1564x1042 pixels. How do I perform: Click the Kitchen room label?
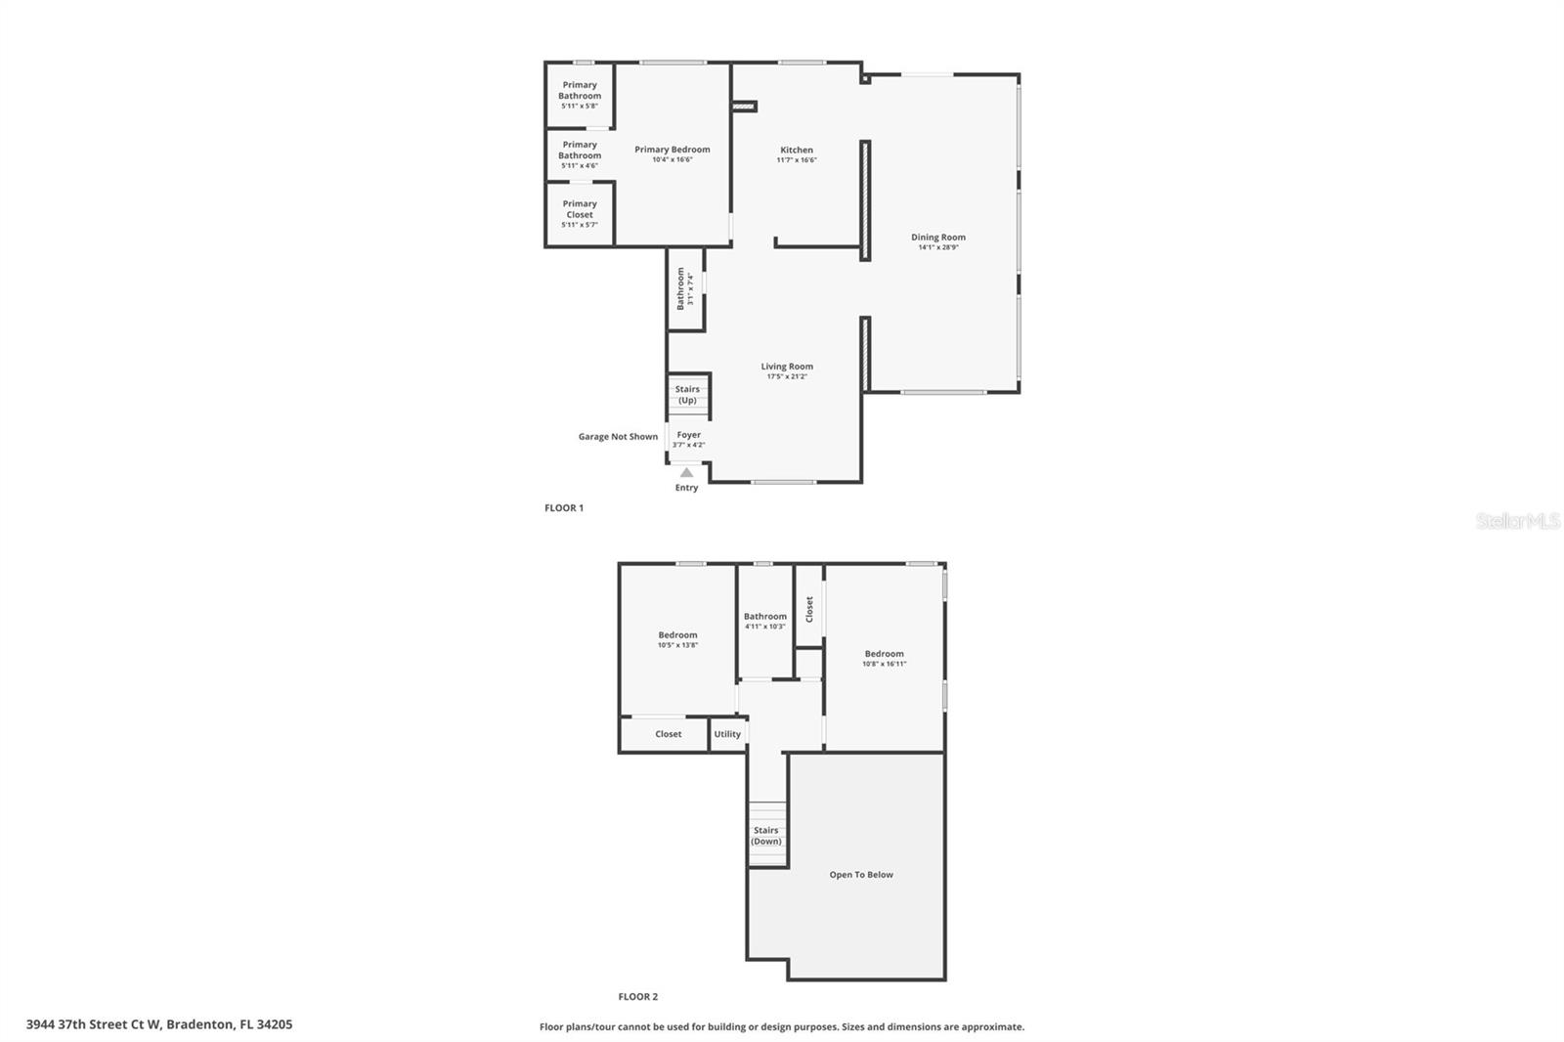[x=796, y=151]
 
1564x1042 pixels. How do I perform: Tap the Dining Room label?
[x=938, y=238]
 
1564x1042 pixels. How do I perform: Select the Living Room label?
[x=787, y=367]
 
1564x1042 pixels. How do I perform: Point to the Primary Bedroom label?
[x=673, y=150]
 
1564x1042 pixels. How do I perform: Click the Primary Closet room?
[x=580, y=213]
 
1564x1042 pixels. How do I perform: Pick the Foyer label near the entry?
[x=688, y=435]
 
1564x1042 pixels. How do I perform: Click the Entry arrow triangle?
[x=686, y=472]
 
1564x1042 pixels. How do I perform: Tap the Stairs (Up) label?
[x=687, y=394]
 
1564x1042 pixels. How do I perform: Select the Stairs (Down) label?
[x=766, y=836]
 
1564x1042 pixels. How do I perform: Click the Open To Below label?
[x=861, y=875]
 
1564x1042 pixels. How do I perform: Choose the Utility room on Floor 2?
[x=727, y=734]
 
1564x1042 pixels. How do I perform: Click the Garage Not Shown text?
[x=618, y=437]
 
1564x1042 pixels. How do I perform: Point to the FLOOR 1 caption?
[x=564, y=508]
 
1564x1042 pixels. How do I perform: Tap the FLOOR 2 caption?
[x=638, y=997]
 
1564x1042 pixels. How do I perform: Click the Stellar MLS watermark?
[x=1518, y=521]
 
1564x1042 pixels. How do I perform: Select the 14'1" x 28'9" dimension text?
[x=938, y=248]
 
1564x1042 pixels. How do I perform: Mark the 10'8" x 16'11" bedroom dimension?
[x=884, y=665]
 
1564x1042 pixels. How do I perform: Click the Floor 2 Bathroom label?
[x=764, y=617]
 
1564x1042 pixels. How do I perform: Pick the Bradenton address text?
[x=159, y=1024]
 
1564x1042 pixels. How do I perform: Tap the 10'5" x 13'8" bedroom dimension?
[x=677, y=645]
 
